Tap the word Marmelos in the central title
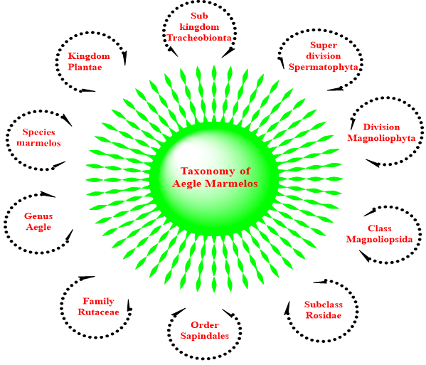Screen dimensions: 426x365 click(x=231, y=184)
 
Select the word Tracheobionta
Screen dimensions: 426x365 click(x=199, y=38)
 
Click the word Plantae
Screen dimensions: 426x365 click(x=85, y=67)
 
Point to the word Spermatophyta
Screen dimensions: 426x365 click(x=323, y=67)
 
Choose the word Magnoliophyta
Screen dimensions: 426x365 click(x=381, y=138)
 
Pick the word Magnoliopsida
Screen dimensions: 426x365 click(x=379, y=240)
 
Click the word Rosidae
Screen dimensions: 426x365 click(x=324, y=315)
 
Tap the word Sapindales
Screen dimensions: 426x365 click(x=205, y=336)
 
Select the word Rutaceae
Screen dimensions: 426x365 click(x=98, y=312)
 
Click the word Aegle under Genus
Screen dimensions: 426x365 click(x=38, y=227)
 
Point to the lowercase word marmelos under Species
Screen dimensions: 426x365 click(x=38, y=143)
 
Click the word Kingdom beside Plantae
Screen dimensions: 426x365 click(x=89, y=56)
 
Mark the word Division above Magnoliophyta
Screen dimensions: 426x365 click(x=381, y=127)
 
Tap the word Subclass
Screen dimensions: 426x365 click(x=324, y=305)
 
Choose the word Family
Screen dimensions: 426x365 click(x=98, y=302)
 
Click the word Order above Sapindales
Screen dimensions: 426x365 click(x=205, y=325)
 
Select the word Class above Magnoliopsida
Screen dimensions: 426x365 click(x=380, y=228)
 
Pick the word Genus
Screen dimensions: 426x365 click(x=38, y=216)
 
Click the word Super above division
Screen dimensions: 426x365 click(x=324, y=45)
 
